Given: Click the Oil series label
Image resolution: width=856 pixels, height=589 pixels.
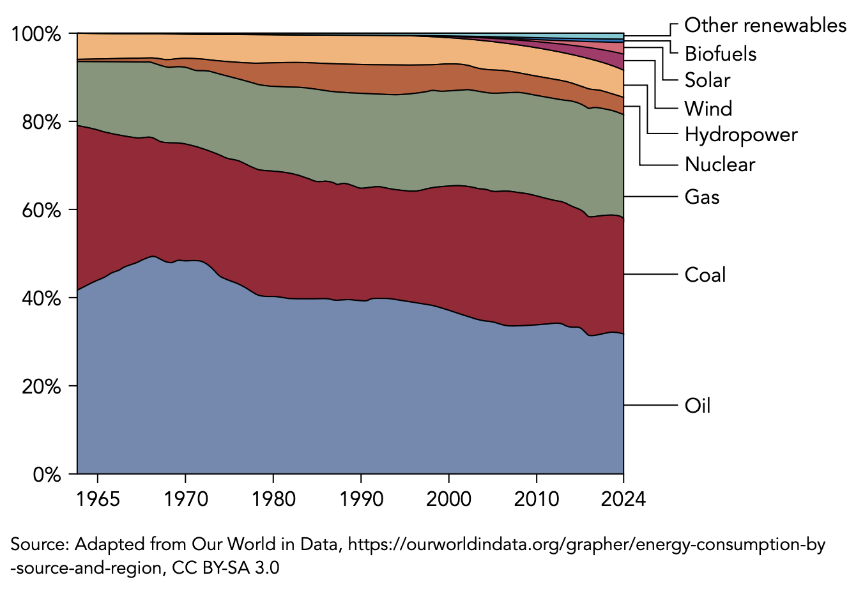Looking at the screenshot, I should click(x=698, y=406).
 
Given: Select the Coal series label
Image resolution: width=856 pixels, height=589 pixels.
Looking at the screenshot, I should click(x=705, y=275).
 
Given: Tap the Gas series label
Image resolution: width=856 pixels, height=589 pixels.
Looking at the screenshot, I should click(x=702, y=196).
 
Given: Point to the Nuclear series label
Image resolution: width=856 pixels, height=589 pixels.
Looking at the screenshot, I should click(x=720, y=165).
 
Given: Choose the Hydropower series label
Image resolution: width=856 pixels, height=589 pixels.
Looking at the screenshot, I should click(x=741, y=135).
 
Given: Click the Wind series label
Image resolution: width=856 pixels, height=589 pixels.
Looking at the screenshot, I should click(x=708, y=109).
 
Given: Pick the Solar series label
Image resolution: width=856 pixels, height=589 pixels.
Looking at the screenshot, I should click(x=707, y=80).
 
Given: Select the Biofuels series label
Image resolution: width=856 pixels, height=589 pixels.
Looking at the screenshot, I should click(x=721, y=54).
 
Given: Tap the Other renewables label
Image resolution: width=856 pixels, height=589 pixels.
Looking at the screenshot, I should click(x=765, y=26).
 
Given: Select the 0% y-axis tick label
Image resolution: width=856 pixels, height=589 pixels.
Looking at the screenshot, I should click(x=46, y=475).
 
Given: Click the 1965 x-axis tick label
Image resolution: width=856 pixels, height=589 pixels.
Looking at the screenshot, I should click(x=97, y=499).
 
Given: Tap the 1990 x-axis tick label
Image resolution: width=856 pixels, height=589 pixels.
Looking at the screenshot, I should click(x=361, y=499).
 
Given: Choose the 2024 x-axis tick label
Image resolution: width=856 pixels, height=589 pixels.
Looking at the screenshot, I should click(x=623, y=499).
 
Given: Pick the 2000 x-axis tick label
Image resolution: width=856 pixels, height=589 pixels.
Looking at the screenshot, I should click(x=449, y=499).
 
